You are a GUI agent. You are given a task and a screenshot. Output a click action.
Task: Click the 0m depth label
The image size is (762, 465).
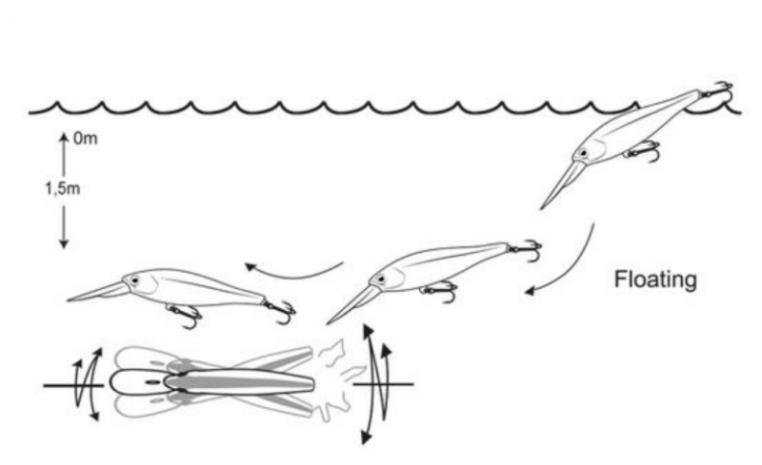click(x=86, y=138)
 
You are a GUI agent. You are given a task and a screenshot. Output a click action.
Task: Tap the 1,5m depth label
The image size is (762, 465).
click(x=63, y=188)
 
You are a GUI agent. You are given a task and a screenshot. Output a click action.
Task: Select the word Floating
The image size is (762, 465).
click(x=655, y=280)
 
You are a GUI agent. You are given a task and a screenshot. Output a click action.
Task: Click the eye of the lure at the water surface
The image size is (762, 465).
click(x=582, y=153)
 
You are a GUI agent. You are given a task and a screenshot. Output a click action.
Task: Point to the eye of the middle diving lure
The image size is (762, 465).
click(x=380, y=280)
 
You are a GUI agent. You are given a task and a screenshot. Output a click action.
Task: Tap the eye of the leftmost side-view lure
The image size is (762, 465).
click(x=133, y=281)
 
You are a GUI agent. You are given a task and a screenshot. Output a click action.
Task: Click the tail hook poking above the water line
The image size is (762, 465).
click(x=718, y=90)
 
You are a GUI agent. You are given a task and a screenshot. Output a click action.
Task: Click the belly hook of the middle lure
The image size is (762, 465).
click(x=439, y=292)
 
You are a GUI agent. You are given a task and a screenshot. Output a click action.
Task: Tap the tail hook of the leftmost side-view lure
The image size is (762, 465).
click(x=280, y=311)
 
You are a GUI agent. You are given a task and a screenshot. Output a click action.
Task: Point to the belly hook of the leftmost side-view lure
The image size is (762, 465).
click(x=185, y=315)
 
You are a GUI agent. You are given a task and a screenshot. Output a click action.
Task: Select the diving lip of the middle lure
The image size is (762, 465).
click(x=351, y=304)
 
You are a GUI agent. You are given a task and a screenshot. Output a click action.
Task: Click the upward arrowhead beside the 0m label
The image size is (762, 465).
click(x=64, y=138)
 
